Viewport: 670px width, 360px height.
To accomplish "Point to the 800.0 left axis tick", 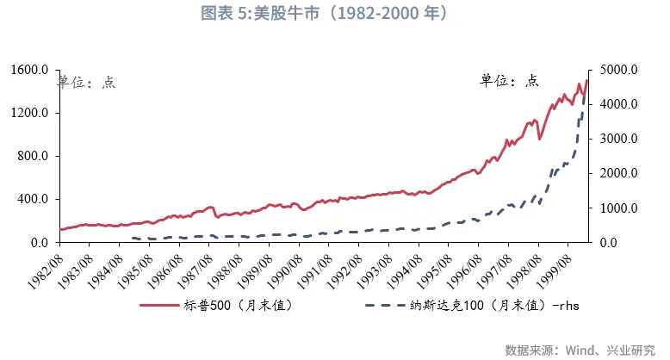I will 35,156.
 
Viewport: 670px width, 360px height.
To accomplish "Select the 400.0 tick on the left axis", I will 35,199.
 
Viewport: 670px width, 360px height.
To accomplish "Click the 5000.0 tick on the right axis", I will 615,70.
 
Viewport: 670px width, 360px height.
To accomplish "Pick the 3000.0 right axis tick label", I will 615,139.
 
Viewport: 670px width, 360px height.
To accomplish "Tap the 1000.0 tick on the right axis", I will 615,208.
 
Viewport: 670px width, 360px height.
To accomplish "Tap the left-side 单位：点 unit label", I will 86,82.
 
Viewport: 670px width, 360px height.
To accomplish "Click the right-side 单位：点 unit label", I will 509,80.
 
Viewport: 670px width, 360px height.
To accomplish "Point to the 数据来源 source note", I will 583,350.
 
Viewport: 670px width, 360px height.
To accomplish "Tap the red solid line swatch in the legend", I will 158,305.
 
